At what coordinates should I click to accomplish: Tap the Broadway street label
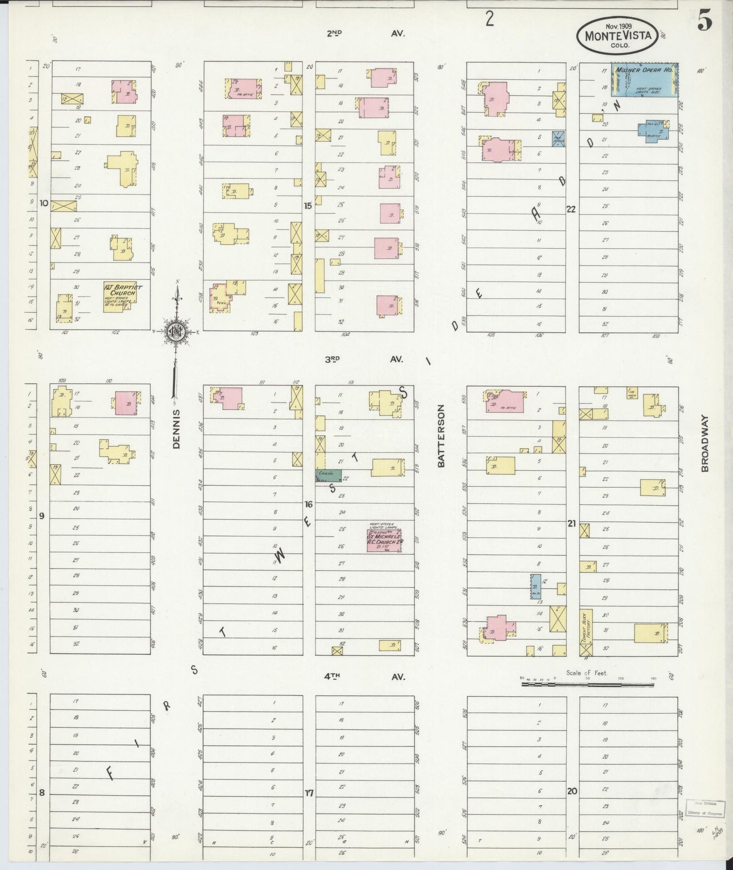705,445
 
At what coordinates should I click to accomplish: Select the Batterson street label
441,436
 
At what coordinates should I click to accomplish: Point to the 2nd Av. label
364,34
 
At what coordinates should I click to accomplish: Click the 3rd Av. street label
364,359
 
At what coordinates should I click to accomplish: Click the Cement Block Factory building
586,632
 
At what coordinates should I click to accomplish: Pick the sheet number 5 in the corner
704,20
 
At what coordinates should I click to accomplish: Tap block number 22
571,209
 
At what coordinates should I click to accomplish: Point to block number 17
309,793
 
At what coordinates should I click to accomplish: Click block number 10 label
44,204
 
